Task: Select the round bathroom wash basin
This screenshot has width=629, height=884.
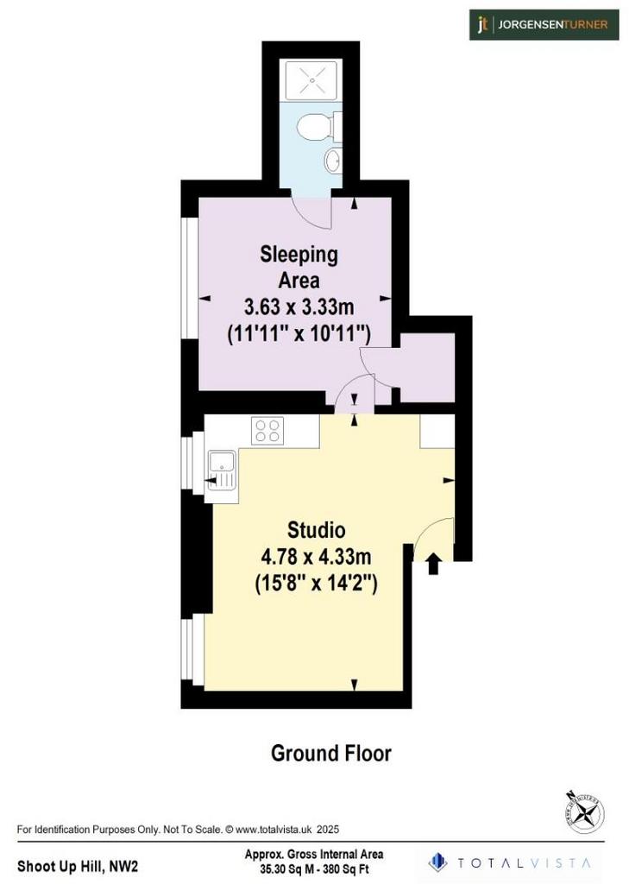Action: [x=332, y=160]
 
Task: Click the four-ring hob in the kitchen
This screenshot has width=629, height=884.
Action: [x=267, y=430]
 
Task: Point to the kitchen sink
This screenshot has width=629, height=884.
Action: [x=222, y=469]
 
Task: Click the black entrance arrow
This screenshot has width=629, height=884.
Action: [x=433, y=564]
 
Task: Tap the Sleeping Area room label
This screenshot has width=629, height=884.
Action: [x=299, y=267]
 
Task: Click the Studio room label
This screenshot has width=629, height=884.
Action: [x=316, y=530]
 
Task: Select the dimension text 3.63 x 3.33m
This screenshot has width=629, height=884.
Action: [x=299, y=307]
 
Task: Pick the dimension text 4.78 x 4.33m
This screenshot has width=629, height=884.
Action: [x=316, y=557]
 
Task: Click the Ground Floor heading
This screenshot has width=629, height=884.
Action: [x=330, y=753]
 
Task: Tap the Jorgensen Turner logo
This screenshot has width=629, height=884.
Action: [x=544, y=25]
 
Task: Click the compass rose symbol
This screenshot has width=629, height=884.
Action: [x=586, y=812]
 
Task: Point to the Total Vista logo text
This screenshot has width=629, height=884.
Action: [x=524, y=862]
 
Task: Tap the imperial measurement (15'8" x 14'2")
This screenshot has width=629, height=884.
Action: [x=316, y=583]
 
